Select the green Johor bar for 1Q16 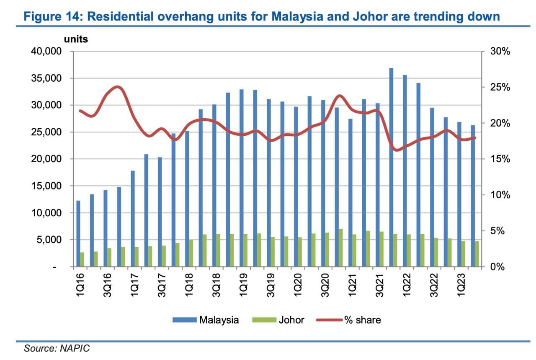82,259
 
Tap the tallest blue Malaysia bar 391,167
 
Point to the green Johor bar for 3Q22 436,252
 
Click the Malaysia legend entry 219,320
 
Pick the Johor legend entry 291,320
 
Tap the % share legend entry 362,320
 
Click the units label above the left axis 76,39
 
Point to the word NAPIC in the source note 77,348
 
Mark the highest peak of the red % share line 118,87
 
